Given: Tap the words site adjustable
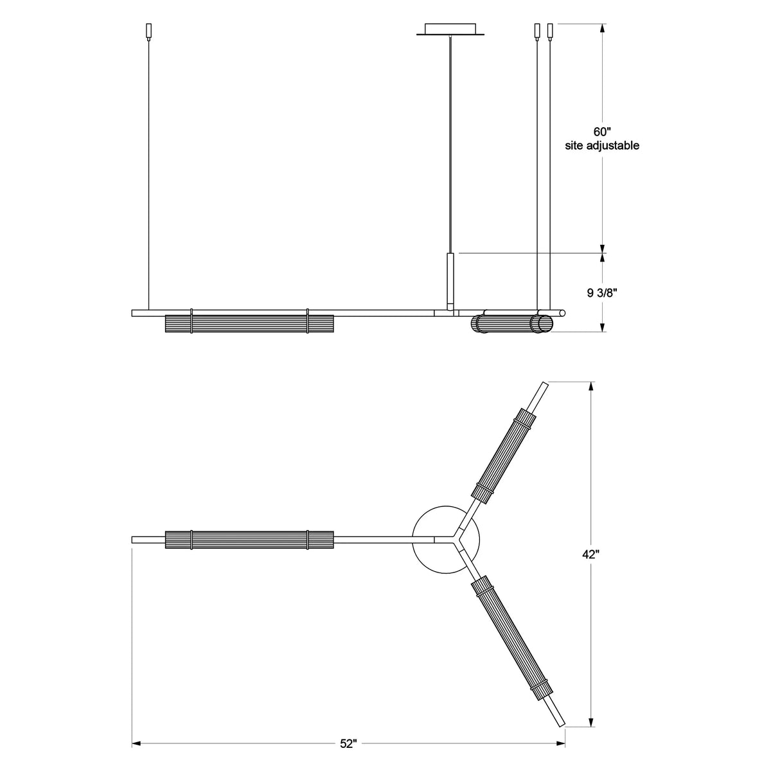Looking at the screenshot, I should pyautogui.click(x=602, y=146).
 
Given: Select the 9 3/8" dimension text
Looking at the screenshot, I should pyautogui.click(x=602, y=293).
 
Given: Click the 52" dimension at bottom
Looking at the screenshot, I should pyautogui.click(x=348, y=744).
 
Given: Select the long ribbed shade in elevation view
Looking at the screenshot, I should pyautogui.click(x=249, y=323).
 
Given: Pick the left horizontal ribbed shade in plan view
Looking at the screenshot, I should pyautogui.click(x=249, y=540).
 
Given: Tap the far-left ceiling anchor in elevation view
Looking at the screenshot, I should pyautogui.click(x=149, y=31).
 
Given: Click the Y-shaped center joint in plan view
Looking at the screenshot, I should pyautogui.click(x=457, y=538).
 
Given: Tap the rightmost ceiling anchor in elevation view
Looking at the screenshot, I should pyautogui.click(x=550, y=30).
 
